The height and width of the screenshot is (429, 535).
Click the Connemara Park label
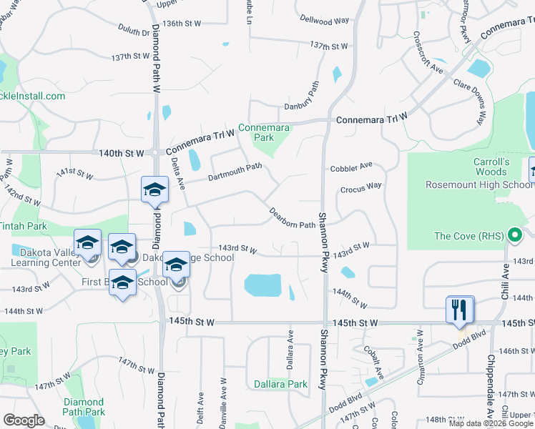click(264, 132)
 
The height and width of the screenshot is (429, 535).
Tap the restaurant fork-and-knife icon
click(460, 309)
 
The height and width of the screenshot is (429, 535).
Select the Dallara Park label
click(280, 384)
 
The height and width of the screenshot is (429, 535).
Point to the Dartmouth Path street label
click(235, 172)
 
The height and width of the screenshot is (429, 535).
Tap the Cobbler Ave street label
click(351, 167)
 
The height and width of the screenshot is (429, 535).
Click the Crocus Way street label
click(361, 188)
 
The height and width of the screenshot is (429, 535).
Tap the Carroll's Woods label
click(491, 167)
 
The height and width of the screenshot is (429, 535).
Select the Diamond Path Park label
click(84, 407)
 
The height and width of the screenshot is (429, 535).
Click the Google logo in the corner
click(24, 420)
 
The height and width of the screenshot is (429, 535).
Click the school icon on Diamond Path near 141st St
click(154, 191)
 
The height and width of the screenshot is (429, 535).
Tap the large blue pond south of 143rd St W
click(262, 285)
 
